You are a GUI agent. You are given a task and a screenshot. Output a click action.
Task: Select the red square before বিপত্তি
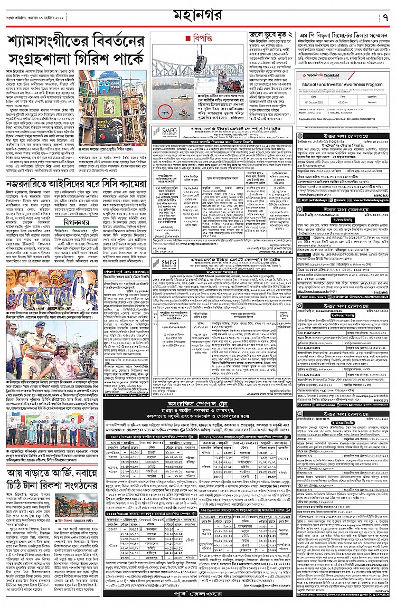pyautogui.click(x=188, y=38)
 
